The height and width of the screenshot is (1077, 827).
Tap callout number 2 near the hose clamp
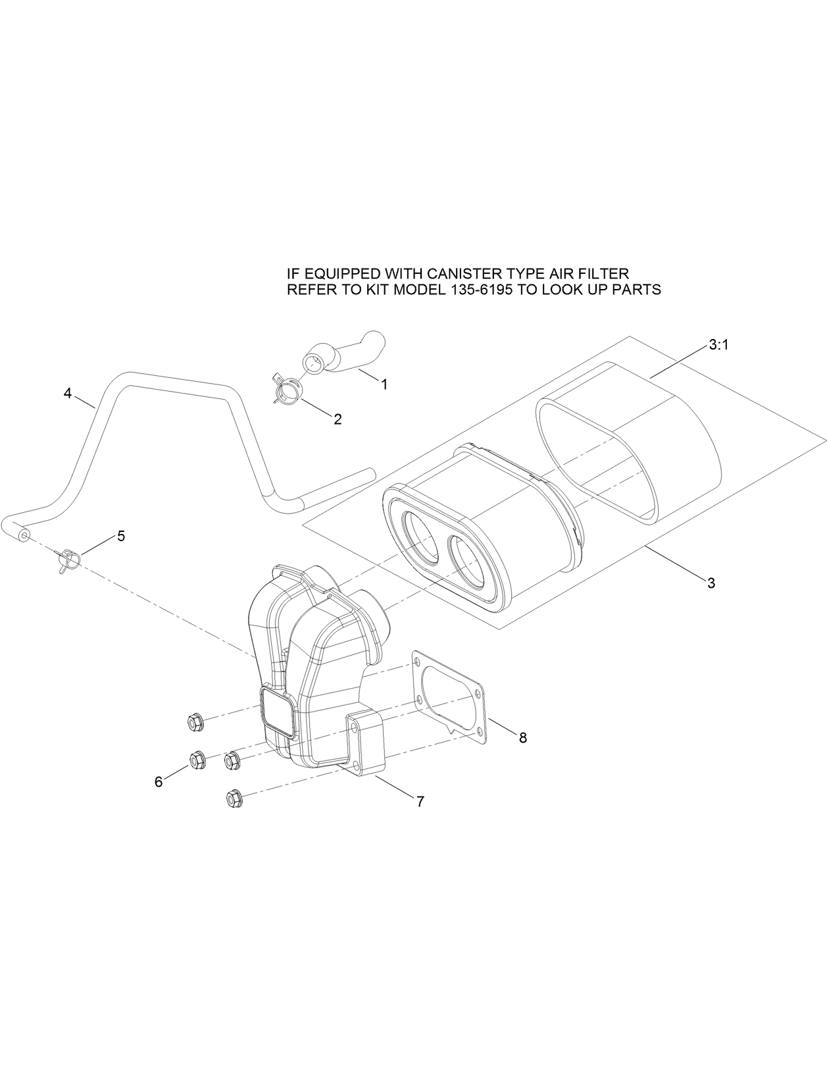point(338,419)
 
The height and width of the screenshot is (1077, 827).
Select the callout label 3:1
point(718,346)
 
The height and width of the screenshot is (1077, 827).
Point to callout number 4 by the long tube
point(68,393)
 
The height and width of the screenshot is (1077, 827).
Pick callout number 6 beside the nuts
point(159,781)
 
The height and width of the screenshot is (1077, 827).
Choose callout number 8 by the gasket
point(523,738)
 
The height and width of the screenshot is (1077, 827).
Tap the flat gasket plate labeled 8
point(454,698)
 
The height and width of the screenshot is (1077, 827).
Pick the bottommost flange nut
point(233,799)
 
